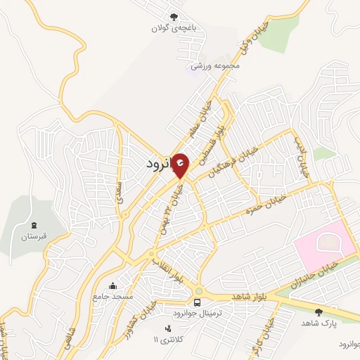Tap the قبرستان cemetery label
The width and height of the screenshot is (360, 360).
pos(32,237)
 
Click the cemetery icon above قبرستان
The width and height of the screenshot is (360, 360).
pos(33,226)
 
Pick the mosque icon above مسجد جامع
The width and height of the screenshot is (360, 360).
pos(113,285)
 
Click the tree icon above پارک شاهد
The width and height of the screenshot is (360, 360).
pos(319,311)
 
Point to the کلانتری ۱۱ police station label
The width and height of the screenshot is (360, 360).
pos(167,340)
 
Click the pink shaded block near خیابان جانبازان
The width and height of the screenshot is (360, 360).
pos(325,245)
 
